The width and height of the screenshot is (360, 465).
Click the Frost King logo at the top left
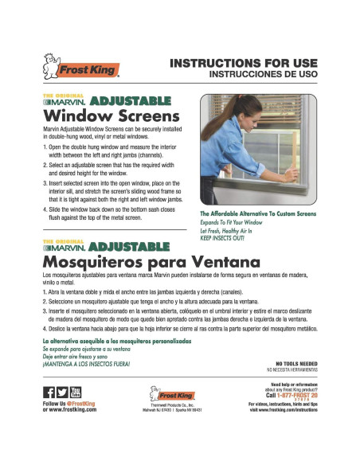(x=80, y=68)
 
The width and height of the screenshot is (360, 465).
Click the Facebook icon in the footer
(x=47, y=392)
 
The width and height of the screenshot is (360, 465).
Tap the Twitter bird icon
(x=62, y=392)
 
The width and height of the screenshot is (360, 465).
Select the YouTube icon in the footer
(x=76, y=392)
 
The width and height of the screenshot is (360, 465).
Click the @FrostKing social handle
(x=78, y=404)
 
